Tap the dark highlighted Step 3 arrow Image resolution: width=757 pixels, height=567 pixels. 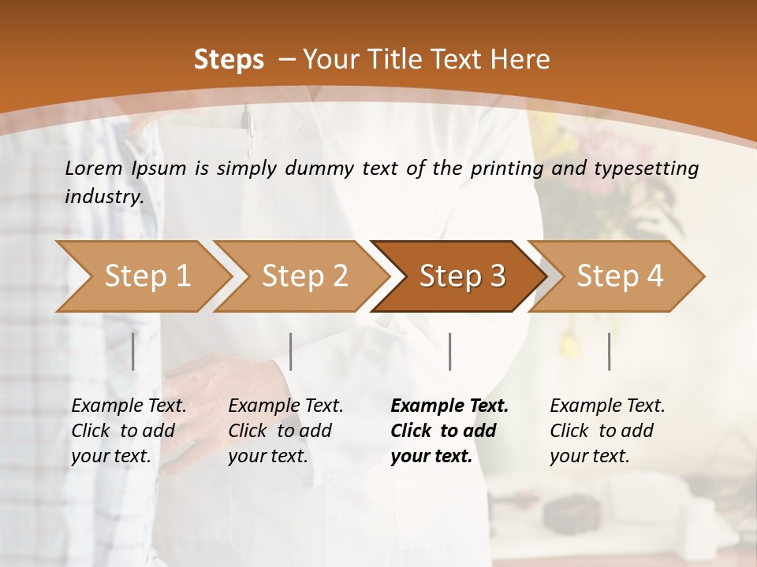pyautogui.click(x=462, y=276)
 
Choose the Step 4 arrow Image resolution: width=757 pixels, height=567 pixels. pyautogui.click(x=620, y=276)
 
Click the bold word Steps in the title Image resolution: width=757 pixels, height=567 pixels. pyautogui.click(x=229, y=60)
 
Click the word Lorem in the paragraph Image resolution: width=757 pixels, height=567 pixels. pyautogui.click(x=94, y=168)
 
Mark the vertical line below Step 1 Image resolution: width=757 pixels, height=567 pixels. pyautogui.click(x=133, y=351)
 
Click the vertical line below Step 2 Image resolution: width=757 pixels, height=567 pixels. pyautogui.click(x=291, y=351)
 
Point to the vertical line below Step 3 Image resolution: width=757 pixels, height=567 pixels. pyautogui.click(x=449, y=351)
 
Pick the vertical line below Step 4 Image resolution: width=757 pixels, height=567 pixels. pyautogui.click(x=609, y=351)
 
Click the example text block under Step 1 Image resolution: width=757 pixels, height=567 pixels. pyautogui.click(x=129, y=431)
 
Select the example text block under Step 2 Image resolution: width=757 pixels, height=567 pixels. pyautogui.click(x=285, y=431)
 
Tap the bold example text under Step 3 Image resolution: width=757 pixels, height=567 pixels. pyautogui.click(x=449, y=431)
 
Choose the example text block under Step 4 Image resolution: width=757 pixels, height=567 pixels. pyautogui.click(x=607, y=431)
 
